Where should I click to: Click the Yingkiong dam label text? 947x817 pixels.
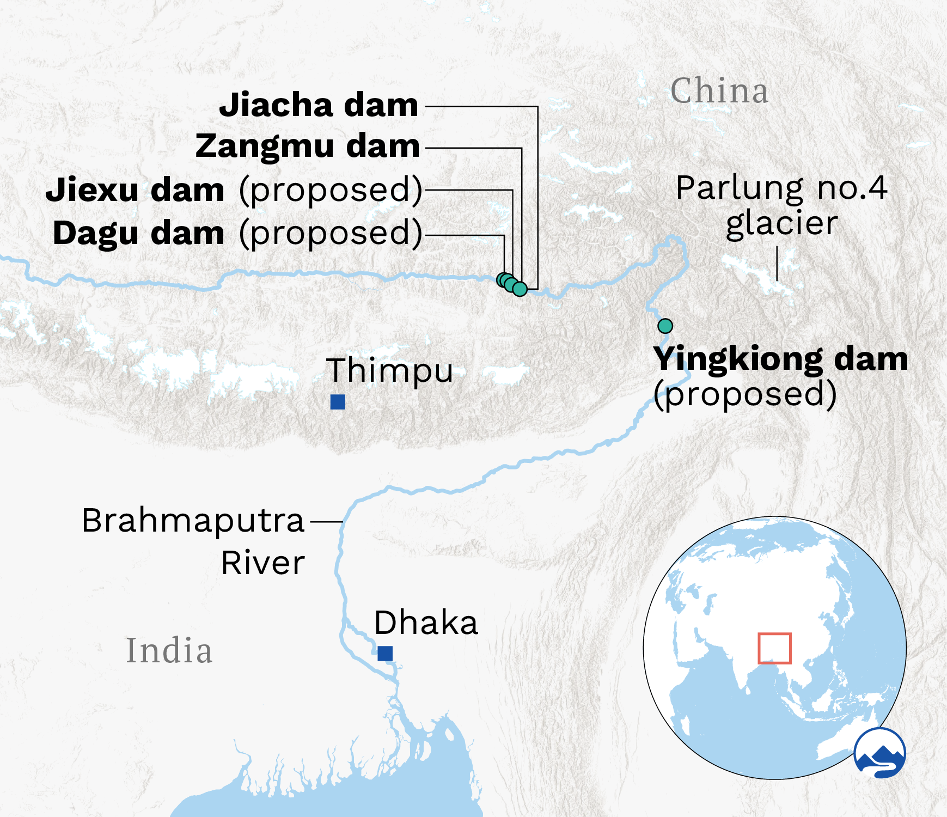[x=781, y=359]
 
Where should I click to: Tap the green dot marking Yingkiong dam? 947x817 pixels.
[x=665, y=326]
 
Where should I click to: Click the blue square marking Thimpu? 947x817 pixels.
[x=338, y=402]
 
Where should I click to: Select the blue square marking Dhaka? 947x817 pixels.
[x=385, y=653]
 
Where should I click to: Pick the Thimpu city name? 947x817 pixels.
[x=389, y=370]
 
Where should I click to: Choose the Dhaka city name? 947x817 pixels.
[x=426, y=623]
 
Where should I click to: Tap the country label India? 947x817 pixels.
[x=169, y=650]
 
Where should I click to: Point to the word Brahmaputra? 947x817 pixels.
[x=193, y=520]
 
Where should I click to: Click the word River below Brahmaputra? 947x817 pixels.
[x=263, y=563]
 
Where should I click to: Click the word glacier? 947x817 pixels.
[x=781, y=223]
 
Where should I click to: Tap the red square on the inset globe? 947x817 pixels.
[x=774, y=648]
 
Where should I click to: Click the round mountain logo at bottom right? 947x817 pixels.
[x=879, y=753]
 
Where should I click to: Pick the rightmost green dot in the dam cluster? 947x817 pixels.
[x=520, y=289]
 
